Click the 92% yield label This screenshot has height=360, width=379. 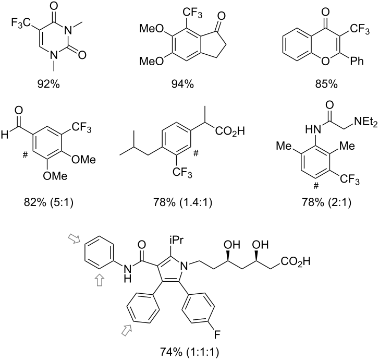click(x=48, y=84)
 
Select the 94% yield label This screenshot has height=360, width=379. click(x=182, y=84)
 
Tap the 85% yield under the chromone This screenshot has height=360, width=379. click(x=326, y=84)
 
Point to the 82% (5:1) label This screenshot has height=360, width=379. click(x=48, y=202)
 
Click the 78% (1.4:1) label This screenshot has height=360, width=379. click(x=182, y=202)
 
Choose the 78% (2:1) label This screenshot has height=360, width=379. click(x=326, y=202)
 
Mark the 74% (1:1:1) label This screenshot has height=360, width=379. click(x=190, y=352)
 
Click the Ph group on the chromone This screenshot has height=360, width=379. click(x=357, y=61)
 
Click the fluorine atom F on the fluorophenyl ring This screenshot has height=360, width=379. click(x=217, y=334)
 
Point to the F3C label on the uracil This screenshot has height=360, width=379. click(x=21, y=23)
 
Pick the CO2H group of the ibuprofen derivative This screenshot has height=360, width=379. click(x=230, y=131)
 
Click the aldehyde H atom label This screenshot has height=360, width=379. click(x=4, y=135)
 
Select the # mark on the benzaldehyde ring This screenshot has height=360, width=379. click(x=25, y=155)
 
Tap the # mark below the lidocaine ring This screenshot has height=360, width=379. click(x=316, y=186)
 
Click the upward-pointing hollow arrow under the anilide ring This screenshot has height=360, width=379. click(x=100, y=280)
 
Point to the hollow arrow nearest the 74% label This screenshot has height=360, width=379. click(x=127, y=330)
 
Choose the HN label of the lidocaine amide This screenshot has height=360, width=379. click(x=313, y=130)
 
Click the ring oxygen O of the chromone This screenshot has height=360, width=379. click(x=325, y=61)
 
